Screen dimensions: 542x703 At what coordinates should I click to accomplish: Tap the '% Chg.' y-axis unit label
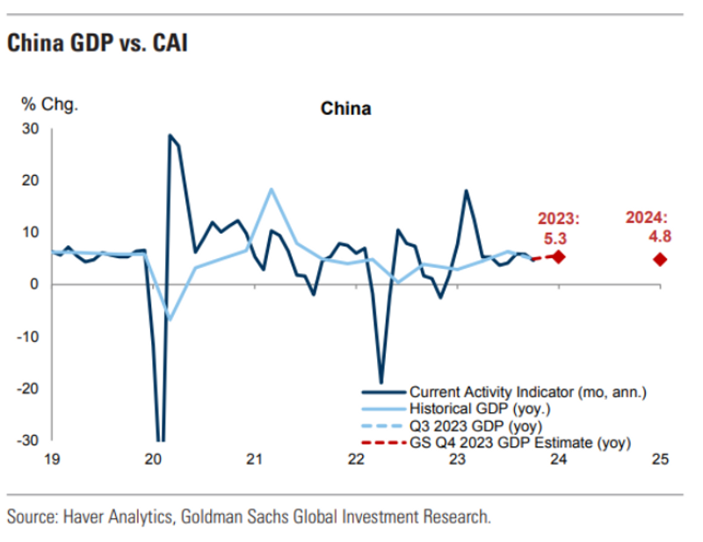click(50, 103)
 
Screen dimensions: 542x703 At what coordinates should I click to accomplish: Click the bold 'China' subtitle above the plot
click(345, 109)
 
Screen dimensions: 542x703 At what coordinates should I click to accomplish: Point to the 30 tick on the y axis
click(31, 128)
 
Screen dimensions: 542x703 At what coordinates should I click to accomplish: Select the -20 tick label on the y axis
click(28, 388)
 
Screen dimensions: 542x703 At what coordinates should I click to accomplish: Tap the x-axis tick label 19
click(52, 459)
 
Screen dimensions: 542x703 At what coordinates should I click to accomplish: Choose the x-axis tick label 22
click(356, 459)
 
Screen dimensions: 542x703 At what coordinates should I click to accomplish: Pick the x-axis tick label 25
click(660, 459)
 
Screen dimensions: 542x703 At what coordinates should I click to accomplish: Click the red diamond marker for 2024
click(660, 259)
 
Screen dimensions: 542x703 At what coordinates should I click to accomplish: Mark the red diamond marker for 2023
click(558, 257)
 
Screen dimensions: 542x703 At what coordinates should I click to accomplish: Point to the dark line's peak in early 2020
click(170, 135)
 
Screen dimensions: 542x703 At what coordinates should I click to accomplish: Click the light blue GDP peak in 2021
click(271, 189)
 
